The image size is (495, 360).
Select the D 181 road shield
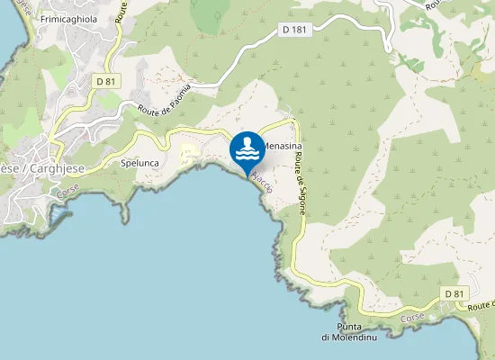(294, 30)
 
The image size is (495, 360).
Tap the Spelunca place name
(139, 164)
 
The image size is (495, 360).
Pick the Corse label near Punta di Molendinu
(412, 318)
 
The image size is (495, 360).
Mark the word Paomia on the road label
(179, 93)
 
